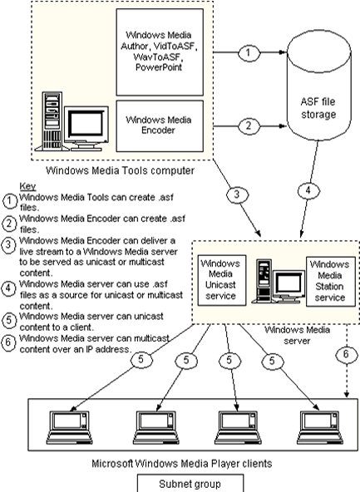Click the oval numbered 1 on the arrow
(249, 52)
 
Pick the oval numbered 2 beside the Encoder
(249, 126)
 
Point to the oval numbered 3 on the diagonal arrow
(237, 194)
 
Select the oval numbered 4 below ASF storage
(308, 190)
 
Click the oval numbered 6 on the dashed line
(347, 355)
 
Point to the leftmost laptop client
(69, 427)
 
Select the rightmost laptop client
(320, 427)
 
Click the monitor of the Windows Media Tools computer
(86, 128)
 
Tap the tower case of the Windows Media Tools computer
(52, 121)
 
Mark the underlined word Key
(27, 186)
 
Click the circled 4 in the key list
(8, 288)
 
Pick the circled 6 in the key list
(8, 342)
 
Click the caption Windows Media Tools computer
(121, 170)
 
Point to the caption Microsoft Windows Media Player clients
(182, 464)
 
